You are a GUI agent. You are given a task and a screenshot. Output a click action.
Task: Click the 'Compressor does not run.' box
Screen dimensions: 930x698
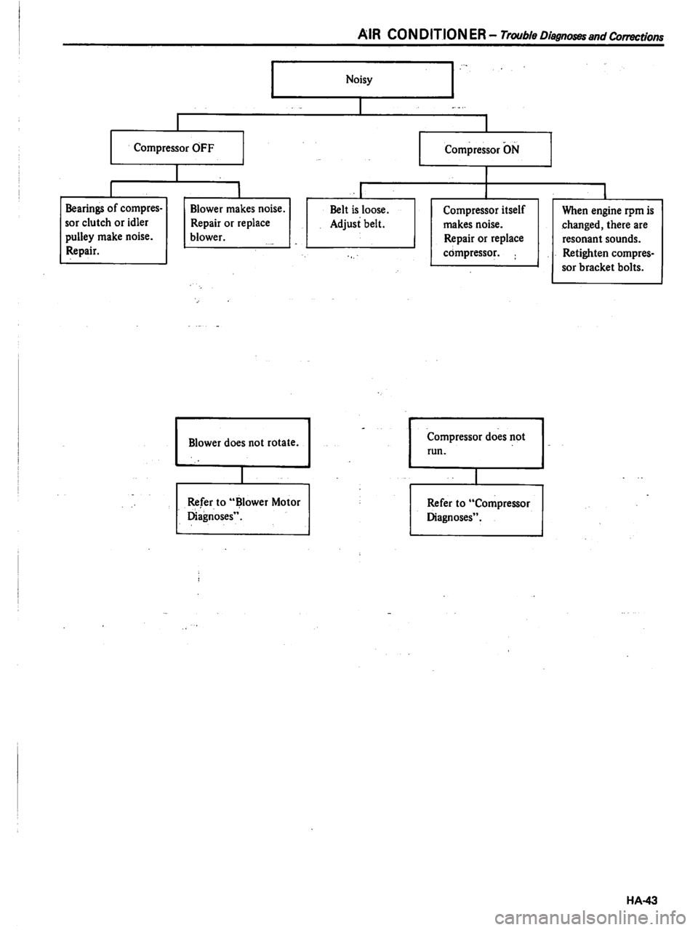point(476,443)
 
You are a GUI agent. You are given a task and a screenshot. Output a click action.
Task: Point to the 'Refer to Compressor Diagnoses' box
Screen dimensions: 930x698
point(476,509)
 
